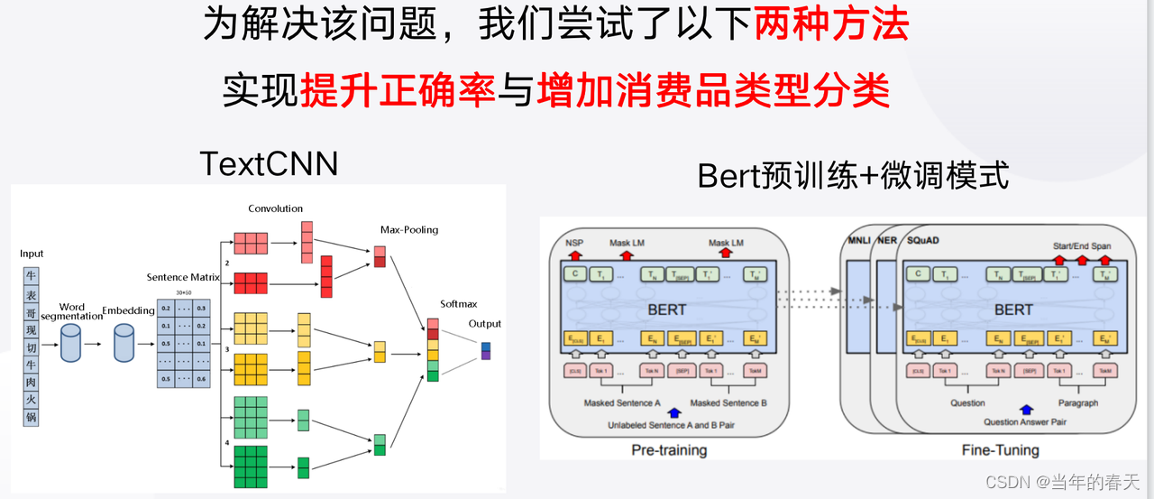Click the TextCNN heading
[x=269, y=163]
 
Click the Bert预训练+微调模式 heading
[x=853, y=176]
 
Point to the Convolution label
[x=276, y=208]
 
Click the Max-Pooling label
[x=409, y=229]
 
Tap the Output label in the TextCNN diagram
[x=485, y=324]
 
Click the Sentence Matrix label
[x=183, y=277]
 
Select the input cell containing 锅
[x=32, y=417]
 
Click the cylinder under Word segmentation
[x=71, y=343]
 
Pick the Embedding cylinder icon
[x=124, y=343]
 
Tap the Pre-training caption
[x=668, y=449]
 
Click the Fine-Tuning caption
[x=1000, y=449]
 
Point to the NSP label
[x=573, y=244]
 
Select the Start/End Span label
[x=1083, y=245]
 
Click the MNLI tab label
[x=859, y=241]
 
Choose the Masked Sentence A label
[x=622, y=402]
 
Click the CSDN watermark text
[x=1063, y=483]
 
